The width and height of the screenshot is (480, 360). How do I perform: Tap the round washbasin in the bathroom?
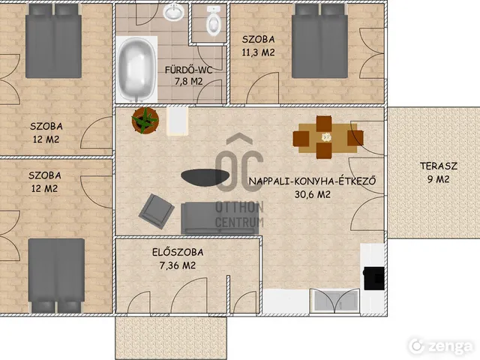click(x=173, y=12)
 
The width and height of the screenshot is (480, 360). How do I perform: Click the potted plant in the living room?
click(x=145, y=120)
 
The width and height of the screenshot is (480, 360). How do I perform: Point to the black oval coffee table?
click(x=205, y=177)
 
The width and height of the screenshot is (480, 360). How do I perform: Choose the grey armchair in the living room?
click(x=157, y=211)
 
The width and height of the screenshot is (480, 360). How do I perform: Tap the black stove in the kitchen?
click(x=373, y=278)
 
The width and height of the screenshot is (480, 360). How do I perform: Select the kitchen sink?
click(x=334, y=300)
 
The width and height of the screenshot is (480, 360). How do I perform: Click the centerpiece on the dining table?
click(x=327, y=137)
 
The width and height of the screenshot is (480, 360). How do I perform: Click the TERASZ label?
click(x=438, y=166)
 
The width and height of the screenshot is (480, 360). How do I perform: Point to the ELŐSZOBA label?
click(x=178, y=252)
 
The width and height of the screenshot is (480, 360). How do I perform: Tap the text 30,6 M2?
click(x=313, y=194)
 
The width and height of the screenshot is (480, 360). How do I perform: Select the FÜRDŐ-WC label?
click(x=188, y=70)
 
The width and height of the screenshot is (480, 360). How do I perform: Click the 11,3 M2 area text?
click(x=258, y=52)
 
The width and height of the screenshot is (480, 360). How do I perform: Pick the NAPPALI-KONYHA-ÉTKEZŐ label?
click(x=312, y=181)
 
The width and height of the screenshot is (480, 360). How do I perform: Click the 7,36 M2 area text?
click(x=178, y=265)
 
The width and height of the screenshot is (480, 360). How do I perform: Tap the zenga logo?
click(x=441, y=346)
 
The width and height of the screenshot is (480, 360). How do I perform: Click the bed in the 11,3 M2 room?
click(x=319, y=41)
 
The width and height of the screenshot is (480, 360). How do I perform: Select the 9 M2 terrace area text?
click(x=438, y=179)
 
